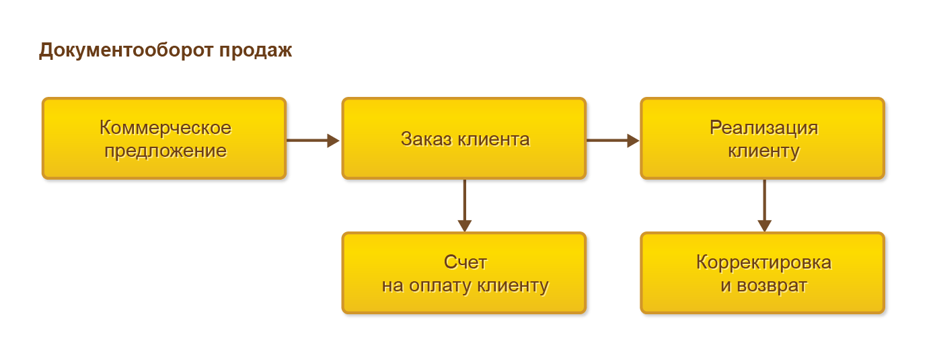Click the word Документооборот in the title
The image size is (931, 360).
[x=126, y=50]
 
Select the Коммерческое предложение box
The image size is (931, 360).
[x=164, y=139]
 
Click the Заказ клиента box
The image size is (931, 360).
[x=464, y=139]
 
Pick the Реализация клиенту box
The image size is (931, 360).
[x=763, y=139]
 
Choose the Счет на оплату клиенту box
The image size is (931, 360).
[x=464, y=273]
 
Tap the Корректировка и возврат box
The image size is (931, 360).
[x=763, y=273]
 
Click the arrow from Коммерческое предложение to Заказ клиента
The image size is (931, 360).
[x=313, y=141]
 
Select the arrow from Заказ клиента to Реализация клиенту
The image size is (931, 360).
[x=613, y=141]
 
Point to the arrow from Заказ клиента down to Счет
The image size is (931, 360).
[x=465, y=205]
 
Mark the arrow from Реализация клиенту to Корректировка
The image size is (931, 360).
[x=764, y=205]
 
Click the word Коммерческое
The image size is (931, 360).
[x=165, y=128]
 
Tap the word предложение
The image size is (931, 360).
[x=165, y=151]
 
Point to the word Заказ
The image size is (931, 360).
[x=426, y=139]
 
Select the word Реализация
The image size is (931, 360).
[x=764, y=128]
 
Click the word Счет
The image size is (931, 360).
[x=465, y=262]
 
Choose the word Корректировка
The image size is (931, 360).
[x=764, y=262]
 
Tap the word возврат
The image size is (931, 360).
[x=772, y=286]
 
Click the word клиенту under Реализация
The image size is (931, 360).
[x=764, y=151]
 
